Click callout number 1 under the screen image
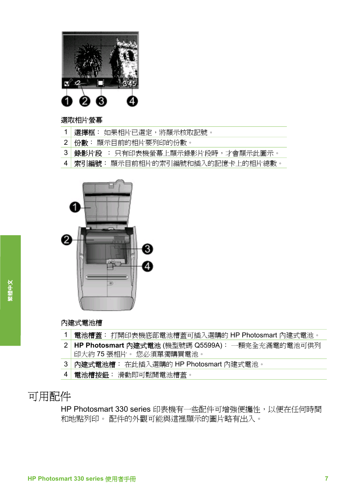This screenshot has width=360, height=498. click(67, 101)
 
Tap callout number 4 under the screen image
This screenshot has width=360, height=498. click(132, 101)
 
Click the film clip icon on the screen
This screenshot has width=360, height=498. click(101, 83)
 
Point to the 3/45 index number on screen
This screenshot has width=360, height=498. click(129, 84)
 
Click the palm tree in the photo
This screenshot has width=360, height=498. click(89, 60)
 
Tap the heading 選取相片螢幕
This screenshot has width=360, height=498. click(82, 120)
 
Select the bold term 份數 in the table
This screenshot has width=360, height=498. click(81, 143)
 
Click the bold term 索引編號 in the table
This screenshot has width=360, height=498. click(88, 164)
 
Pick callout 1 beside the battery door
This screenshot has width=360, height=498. click(75, 207)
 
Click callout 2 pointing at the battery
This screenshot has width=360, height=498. click(66, 240)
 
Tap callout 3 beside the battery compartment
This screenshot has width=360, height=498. click(148, 249)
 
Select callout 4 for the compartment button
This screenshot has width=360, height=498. click(148, 266)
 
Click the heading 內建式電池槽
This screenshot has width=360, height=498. click(82, 323)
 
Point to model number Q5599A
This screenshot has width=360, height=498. click(208, 345)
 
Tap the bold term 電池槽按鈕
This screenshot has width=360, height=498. click(91, 375)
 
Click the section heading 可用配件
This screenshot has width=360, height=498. click(49, 396)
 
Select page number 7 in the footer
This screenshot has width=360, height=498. click(326, 478)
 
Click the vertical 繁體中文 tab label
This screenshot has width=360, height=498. click(10, 290)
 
